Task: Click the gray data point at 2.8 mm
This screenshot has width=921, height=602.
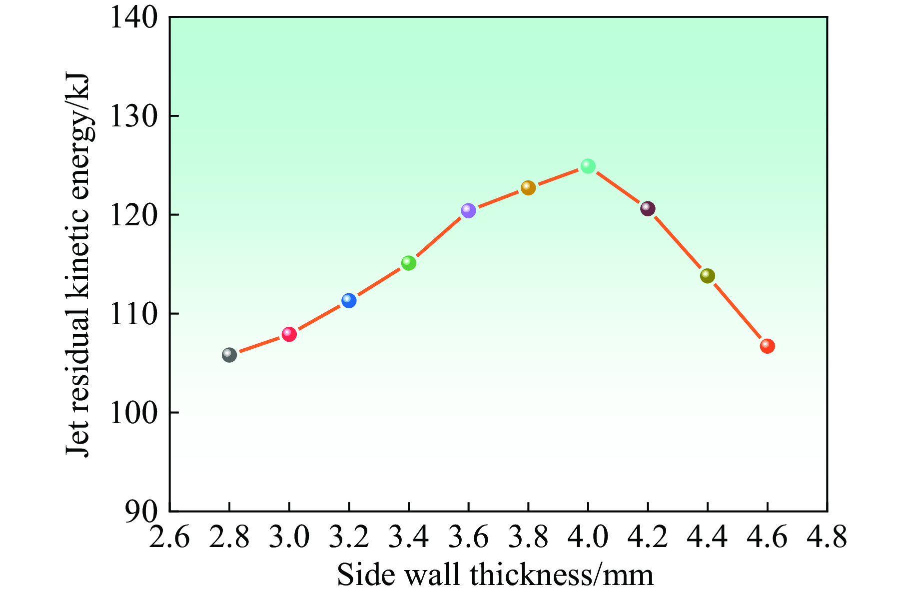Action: pos(229,355)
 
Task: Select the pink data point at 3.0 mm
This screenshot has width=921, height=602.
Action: pos(289,334)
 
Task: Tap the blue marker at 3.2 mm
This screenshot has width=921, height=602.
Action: pos(349,300)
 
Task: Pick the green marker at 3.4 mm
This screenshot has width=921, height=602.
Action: pos(408,263)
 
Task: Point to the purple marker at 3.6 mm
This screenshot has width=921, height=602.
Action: pos(468,210)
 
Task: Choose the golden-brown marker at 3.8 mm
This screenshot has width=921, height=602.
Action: pos(528,188)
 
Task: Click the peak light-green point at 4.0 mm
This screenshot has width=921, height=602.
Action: pos(588,166)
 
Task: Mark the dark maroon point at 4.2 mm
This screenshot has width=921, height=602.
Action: pos(648,208)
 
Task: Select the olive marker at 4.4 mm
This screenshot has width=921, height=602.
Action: pos(708,276)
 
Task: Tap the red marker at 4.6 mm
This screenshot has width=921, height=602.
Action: pos(767,346)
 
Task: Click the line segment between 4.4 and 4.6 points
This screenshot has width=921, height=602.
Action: pos(738,311)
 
